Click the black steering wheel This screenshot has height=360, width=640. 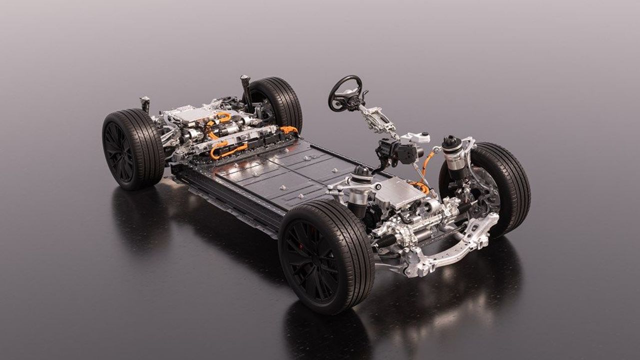coord(345,92)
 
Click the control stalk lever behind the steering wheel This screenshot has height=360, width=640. coord(364,95)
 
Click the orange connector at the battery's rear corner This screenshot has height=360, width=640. coord(289,130)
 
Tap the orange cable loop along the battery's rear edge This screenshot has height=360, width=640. coord(227,150)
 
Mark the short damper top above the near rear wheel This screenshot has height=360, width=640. coord(145,103)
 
